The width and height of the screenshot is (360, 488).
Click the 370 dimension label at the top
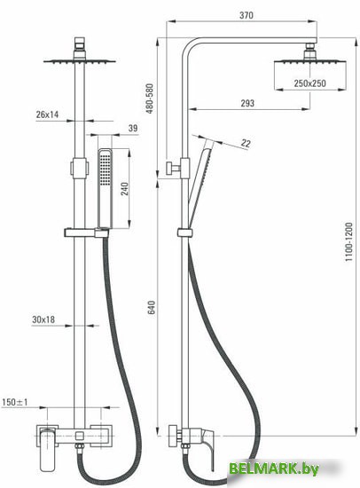pyautogui.click(x=247, y=15)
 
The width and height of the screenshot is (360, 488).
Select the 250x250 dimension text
pyautogui.click(x=310, y=83)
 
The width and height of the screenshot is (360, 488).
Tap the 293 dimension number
pyautogui.click(x=247, y=103)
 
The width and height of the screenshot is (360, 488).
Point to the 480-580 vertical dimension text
pyautogui.click(x=150, y=98)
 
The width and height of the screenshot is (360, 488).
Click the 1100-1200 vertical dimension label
pyautogui.click(x=349, y=242)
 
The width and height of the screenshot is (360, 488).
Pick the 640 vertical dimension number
pyautogui.click(x=152, y=307)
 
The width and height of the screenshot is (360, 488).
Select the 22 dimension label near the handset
pyautogui.click(x=246, y=143)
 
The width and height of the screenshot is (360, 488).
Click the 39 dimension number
pyautogui.click(x=133, y=128)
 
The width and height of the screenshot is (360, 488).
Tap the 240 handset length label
pyautogui.click(x=124, y=189)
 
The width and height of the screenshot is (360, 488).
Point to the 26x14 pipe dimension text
pyautogui.click(x=47, y=114)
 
